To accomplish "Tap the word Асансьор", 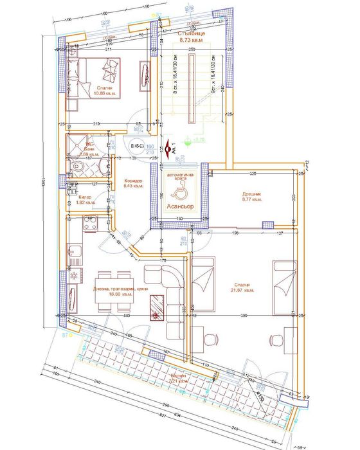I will (x=181, y=207).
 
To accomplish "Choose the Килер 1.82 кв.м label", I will (x=85, y=200).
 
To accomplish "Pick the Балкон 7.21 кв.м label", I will (x=179, y=379).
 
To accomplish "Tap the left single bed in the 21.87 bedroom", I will (x=204, y=280).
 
